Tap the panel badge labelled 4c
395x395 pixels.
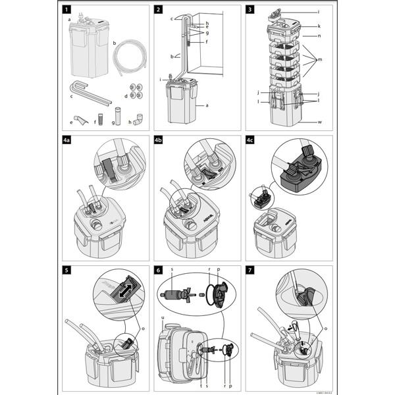(x=251, y=141)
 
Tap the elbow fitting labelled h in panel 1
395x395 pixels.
(x=137, y=120)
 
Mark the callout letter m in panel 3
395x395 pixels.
(x=320, y=59)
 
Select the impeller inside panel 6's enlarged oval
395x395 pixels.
(x=176, y=292)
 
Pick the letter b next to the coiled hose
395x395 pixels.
(x=115, y=43)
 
